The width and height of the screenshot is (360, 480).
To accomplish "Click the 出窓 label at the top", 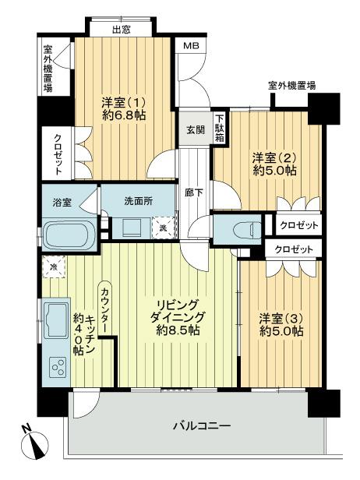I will click(121, 30).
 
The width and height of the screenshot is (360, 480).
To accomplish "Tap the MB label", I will click(190, 47).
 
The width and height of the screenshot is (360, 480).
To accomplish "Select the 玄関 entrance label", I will click(196, 130).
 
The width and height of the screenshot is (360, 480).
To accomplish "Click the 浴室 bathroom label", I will click(62, 202).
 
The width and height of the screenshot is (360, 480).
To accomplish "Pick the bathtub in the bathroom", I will click(69, 234).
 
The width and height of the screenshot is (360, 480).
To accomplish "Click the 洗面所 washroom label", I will click(138, 200).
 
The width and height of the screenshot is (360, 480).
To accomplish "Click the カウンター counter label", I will click(104, 308).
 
